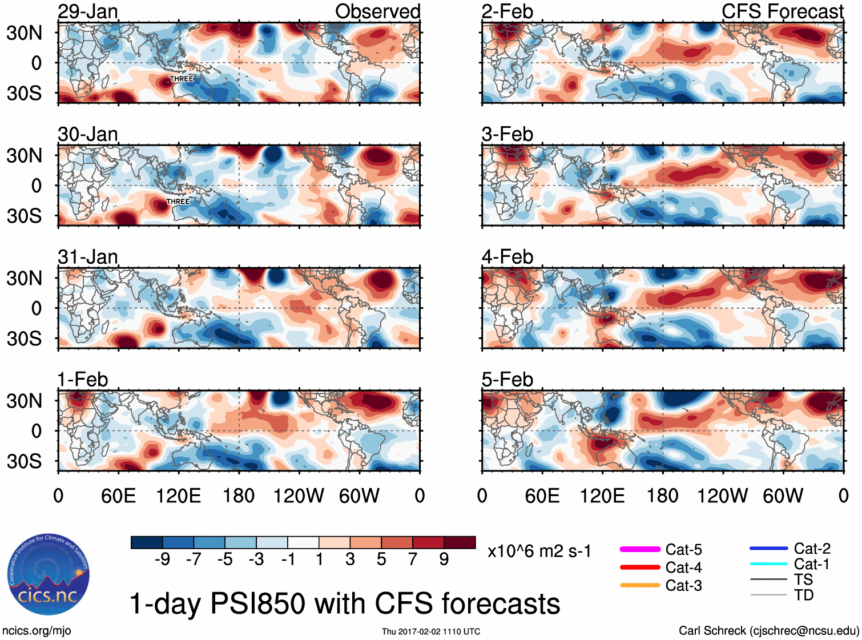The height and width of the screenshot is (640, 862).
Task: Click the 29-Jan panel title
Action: (x=88, y=11)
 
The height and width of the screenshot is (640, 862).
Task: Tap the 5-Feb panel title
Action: (x=507, y=380)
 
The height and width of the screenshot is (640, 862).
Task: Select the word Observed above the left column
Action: (x=377, y=11)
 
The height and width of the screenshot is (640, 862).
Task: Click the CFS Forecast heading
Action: (x=782, y=11)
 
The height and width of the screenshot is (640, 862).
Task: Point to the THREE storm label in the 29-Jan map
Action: (x=182, y=79)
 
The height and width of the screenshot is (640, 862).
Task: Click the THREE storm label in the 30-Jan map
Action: (x=178, y=202)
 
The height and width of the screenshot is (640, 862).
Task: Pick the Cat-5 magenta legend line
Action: (x=640, y=549)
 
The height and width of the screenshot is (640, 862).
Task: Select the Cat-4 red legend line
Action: (x=640, y=567)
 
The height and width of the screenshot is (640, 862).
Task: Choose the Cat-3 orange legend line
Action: (x=640, y=585)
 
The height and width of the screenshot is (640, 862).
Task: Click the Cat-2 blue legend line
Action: (x=768, y=549)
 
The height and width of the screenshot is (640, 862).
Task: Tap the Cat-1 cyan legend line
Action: (x=768, y=564)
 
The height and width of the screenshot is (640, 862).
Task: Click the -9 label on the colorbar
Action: (x=162, y=560)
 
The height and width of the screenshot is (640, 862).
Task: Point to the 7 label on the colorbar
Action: (x=413, y=560)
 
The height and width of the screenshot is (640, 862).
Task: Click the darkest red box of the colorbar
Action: (x=460, y=542)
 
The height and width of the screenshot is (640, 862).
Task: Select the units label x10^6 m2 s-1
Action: (x=539, y=552)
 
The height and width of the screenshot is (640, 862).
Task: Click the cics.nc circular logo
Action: (x=49, y=574)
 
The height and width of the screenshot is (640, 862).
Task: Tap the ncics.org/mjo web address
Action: (x=37, y=631)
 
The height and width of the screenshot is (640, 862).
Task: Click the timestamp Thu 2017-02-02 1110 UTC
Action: (x=431, y=631)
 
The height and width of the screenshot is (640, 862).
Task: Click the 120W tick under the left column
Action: (x=299, y=496)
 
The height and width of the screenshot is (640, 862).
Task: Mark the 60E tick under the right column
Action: (x=542, y=496)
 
